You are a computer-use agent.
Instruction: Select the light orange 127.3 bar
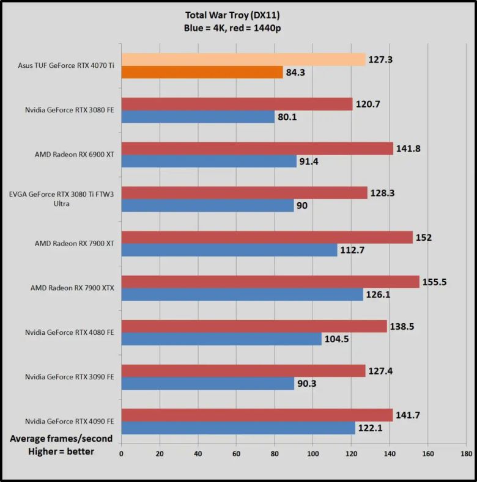point(243,59)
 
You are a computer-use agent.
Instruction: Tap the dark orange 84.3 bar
point(202,73)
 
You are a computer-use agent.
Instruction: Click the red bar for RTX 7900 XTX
point(270,281)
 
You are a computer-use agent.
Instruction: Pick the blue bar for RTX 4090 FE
point(238,428)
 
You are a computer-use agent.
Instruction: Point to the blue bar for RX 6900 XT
point(209,161)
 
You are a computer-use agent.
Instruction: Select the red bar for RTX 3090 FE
point(243,370)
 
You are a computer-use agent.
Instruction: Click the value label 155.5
point(435,282)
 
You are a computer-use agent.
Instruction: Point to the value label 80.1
point(286,117)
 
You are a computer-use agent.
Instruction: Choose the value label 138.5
point(402,326)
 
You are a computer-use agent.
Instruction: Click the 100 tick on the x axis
point(313,454)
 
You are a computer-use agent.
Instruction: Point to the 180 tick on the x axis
point(466,454)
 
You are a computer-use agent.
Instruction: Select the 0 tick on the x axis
point(122,454)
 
